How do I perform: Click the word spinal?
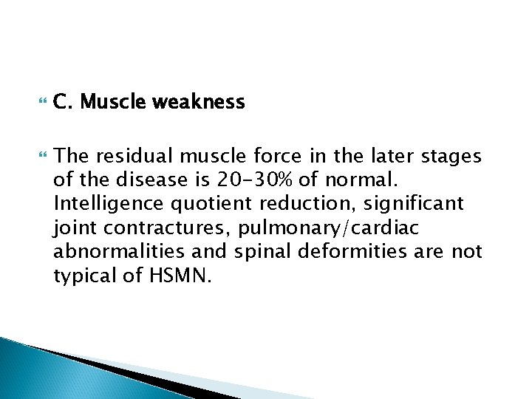(260, 251)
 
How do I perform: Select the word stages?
(452, 157)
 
